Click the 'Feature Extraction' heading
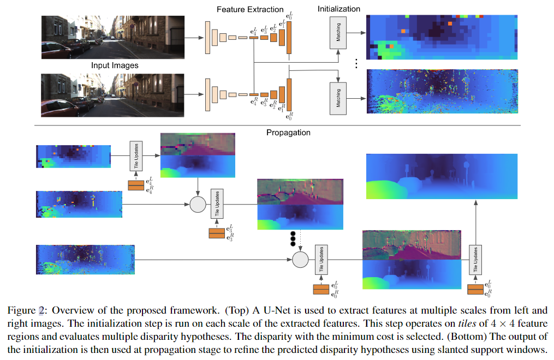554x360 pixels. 250,9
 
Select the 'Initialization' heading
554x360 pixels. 339,9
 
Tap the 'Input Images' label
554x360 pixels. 114,65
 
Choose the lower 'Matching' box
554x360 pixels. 338,98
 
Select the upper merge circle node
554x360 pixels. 198,205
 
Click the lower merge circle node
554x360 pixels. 300,260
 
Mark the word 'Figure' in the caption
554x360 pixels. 22,310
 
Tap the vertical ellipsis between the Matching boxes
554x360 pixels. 356,64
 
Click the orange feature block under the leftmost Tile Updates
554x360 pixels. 135,186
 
